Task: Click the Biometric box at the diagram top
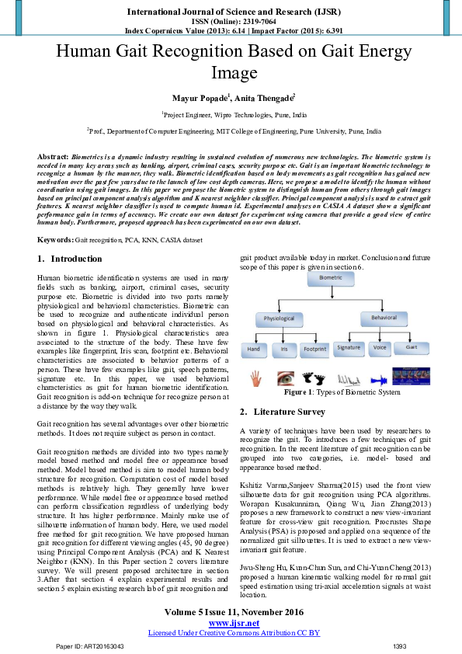(x=329, y=277)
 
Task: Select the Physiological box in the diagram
(x=279, y=318)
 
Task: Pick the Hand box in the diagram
(x=254, y=349)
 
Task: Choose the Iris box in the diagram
(x=284, y=349)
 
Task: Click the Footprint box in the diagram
(x=314, y=349)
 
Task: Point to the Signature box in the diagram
(x=349, y=348)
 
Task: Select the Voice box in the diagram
(x=380, y=348)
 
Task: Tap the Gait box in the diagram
(x=411, y=348)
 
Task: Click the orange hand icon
(x=255, y=378)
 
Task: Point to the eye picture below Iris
(x=284, y=379)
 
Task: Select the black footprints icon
(x=314, y=379)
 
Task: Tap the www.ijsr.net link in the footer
(x=234, y=623)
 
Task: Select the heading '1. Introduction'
(x=69, y=259)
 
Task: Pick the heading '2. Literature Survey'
(x=282, y=412)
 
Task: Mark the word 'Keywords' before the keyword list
(x=55, y=241)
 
